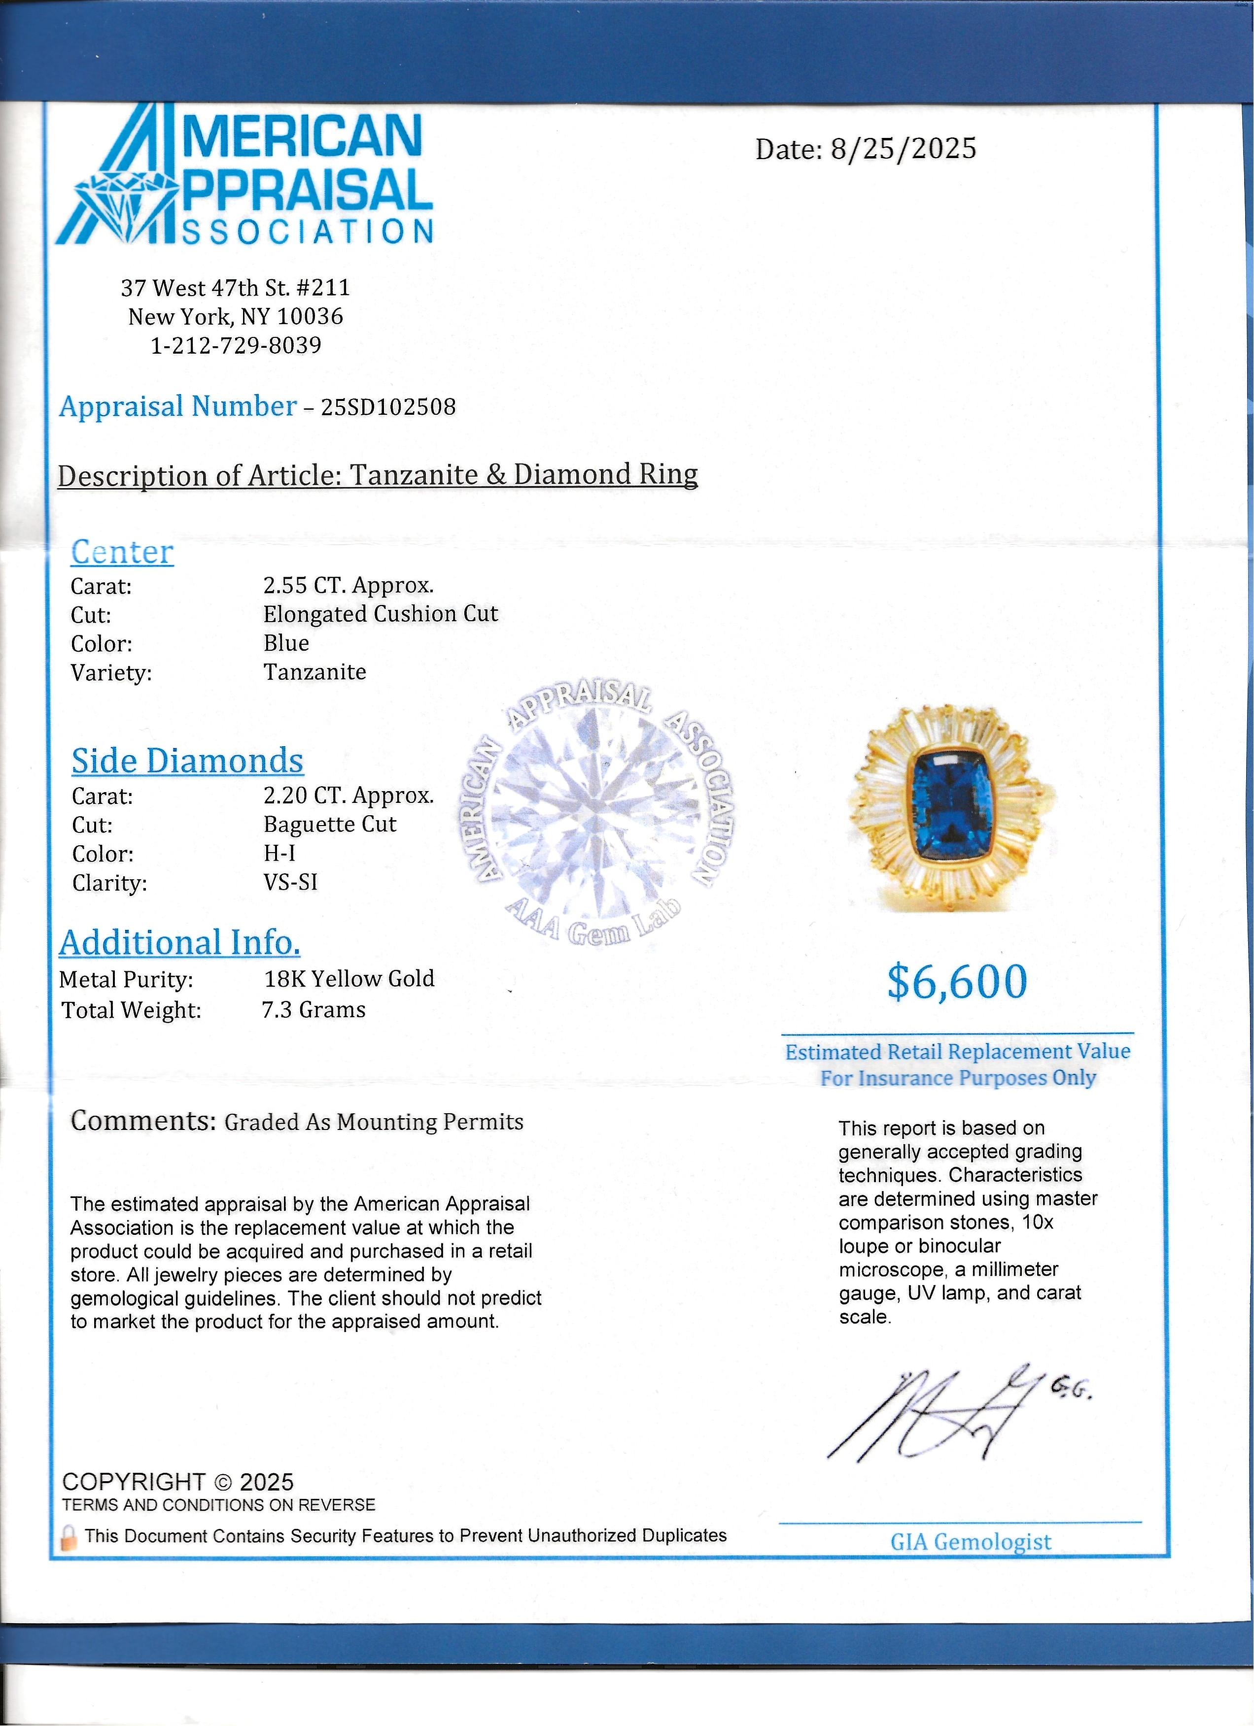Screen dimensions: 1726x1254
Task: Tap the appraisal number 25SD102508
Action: tap(388, 407)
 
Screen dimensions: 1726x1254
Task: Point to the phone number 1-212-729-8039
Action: tap(236, 345)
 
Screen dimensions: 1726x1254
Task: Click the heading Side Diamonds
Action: tap(187, 761)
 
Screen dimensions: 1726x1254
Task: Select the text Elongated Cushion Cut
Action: tap(380, 614)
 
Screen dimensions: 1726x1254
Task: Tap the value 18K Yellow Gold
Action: tap(348, 979)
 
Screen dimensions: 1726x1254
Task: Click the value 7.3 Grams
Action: tap(313, 1010)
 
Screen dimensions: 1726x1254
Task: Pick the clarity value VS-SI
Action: tap(290, 882)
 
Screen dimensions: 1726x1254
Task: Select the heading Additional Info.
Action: tap(180, 943)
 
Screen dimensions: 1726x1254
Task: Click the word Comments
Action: tap(143, 1121)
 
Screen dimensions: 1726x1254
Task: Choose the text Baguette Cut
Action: tap(330, 824)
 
